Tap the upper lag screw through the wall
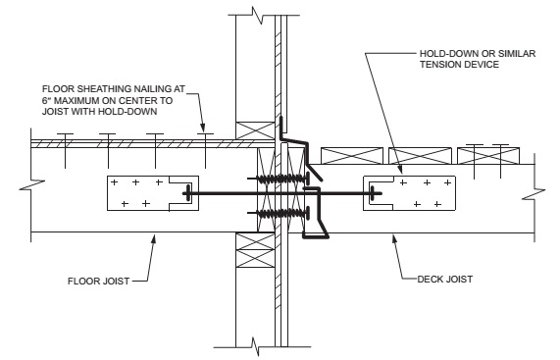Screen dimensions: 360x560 [281, 179]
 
